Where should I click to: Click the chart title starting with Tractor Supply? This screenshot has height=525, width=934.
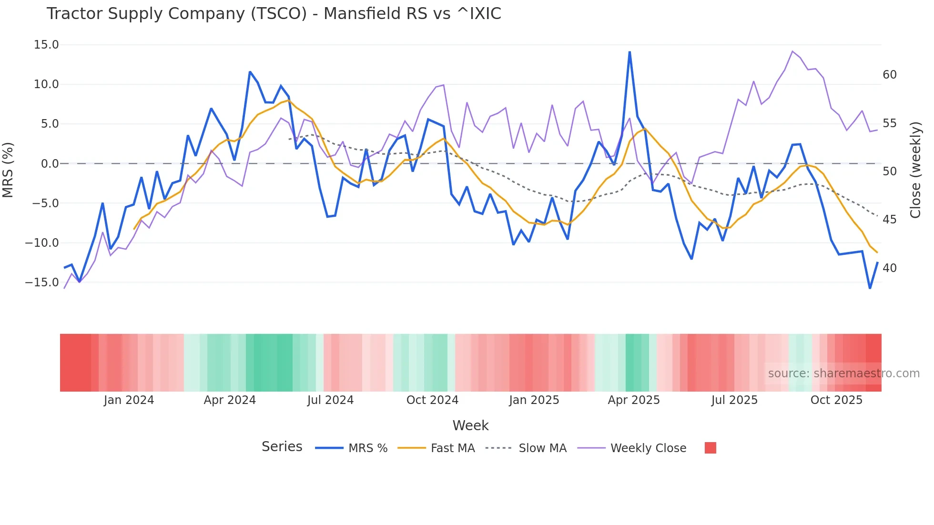click(x=274, y=14)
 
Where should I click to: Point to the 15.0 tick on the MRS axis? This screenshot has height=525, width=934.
click(x=46, y=45)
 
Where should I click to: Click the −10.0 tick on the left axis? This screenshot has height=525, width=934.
click(x=42, y=243)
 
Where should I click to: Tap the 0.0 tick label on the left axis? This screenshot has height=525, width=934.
click(x=50, y=164)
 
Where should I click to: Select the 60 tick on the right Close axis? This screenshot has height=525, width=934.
click(x=890, y=75)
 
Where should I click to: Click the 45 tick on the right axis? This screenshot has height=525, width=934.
click(x=890, y=220)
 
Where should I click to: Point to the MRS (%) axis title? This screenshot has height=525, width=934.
click(x=8, y=170)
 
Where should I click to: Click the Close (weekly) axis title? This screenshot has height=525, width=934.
click(x=915, y=170)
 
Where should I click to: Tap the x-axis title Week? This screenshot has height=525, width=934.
click(x=470, y=425)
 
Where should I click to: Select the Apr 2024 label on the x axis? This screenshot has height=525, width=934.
click(x=230, y=400)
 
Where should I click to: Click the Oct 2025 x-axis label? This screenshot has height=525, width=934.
click(x=836, y=400)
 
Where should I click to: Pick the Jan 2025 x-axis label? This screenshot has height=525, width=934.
click(x=534, y=400)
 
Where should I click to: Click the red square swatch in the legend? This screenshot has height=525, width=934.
click(x=710, y=448)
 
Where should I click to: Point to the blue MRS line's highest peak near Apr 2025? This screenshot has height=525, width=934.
click(x=629, y=52)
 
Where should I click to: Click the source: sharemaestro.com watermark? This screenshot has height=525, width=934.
click(x=843, y=374)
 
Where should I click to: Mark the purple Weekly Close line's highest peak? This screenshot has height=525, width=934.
click(x=792, y=51)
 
